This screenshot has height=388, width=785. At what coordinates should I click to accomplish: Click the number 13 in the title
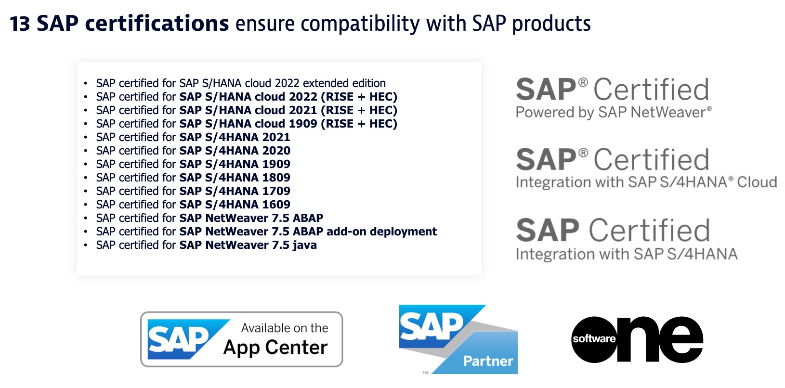coord(20,24)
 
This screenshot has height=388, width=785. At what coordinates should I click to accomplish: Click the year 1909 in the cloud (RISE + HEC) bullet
coord(303,124)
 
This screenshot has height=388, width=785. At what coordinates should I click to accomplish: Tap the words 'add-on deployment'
coord(381,232)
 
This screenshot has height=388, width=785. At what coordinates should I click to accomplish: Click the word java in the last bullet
coord(304,245)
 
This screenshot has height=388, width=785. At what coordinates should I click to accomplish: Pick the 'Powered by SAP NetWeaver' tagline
coord(613,113)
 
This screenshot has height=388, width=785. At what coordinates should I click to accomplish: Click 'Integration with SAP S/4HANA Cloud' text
coord(646,182)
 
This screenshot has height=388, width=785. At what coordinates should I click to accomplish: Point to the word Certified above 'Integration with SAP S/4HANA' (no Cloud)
coord(650,230)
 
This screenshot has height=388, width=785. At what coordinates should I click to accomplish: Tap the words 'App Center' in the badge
coord(275,348)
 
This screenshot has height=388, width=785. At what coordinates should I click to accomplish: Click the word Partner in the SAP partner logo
coord(488,361)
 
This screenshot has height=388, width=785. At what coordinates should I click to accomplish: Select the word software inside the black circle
coord(593,339)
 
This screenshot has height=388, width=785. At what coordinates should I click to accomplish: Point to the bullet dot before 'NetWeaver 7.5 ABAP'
coord(86,219)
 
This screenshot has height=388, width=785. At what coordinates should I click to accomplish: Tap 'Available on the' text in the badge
coord(285,328)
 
